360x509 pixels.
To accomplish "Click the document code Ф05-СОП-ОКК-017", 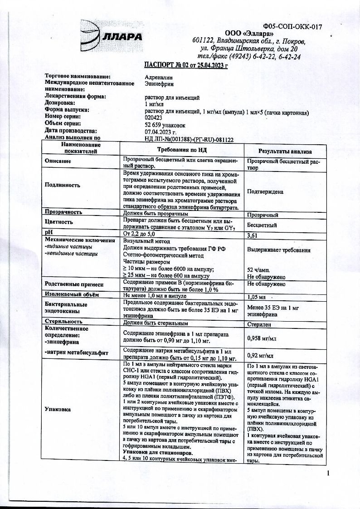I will [x=292, y=27].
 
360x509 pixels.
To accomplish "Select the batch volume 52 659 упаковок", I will [x=165, y=123].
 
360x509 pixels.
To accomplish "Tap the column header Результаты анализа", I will [x=285, y=151].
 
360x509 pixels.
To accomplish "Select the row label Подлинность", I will [x=62, y=185].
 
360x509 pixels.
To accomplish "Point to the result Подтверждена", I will [x=265, y=191].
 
